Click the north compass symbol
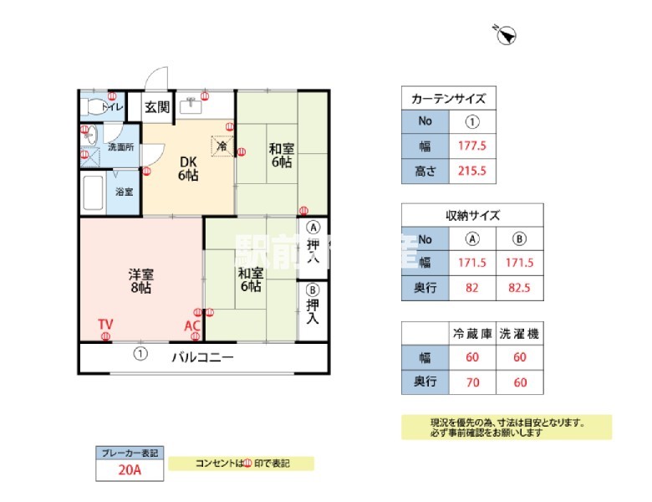coord(507,34)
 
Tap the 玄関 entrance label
coord(156,107)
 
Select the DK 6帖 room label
coord(187,169)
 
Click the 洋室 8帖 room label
coord(140,280)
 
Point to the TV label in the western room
coord(105,325)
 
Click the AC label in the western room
coord(192,325)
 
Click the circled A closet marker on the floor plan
coord(313,227)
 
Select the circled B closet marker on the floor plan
coord(313,290)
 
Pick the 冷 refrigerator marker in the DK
coord(222,146)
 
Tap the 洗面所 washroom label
coord(120,147)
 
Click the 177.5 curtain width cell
coord(472,146)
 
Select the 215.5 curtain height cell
coord(472,172)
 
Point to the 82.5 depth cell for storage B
coord(519,288)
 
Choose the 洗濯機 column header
coord(519,333)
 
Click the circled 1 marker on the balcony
coord(140,354)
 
